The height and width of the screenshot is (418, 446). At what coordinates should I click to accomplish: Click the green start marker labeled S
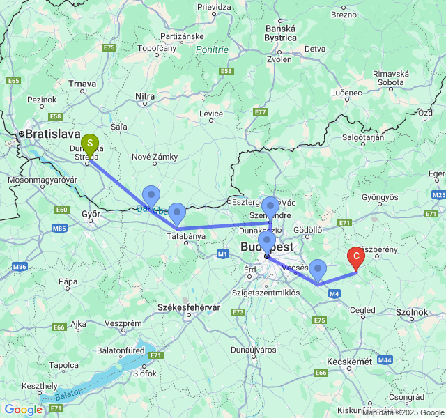(90, 144)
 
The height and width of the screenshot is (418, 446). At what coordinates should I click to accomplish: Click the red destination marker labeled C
(356, 257)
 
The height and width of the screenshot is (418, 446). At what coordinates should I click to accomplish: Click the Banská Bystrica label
(281, 33)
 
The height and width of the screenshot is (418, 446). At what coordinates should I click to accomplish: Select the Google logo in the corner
(23, 410)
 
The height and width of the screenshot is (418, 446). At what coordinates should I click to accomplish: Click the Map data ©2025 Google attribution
(403, 412)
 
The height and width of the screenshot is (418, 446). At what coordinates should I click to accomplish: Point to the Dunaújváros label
(253, 350)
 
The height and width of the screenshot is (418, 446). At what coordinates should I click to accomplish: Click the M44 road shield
(385, 359)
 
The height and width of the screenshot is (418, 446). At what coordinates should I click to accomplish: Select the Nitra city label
(145, 96)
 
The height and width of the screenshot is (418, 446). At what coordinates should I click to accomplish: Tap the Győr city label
(91, 215)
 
